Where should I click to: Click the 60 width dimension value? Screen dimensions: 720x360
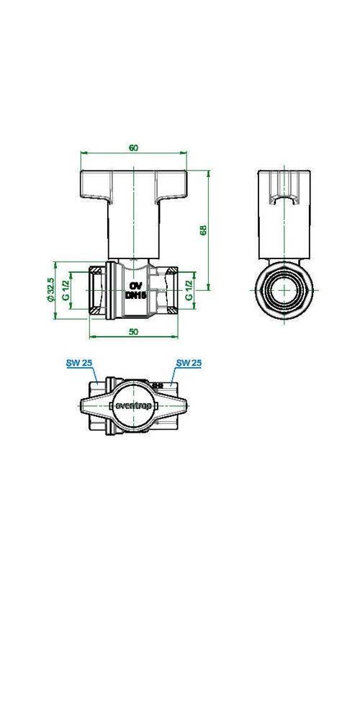coord(134,148)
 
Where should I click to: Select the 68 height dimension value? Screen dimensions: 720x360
coord(204,230)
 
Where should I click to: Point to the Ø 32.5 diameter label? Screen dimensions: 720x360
coord(50,290)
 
